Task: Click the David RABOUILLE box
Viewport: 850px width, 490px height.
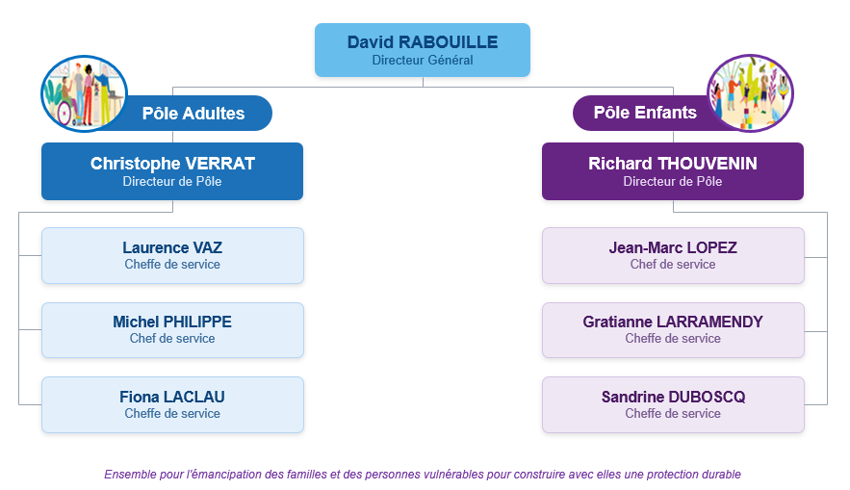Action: click(423, 50)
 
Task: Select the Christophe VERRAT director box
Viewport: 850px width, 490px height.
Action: click(172, 171)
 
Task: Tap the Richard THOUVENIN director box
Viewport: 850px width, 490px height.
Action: click(673, 171)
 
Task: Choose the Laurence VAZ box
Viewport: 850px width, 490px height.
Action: click(172, 255)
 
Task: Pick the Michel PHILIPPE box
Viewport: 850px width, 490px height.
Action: click(172, 330)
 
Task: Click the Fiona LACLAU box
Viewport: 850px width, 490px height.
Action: click(172, 405)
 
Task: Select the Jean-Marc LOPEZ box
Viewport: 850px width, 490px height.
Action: click(673, 255)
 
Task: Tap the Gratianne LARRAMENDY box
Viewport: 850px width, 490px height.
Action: click(673, 330)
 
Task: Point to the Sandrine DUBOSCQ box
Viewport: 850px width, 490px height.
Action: click(673, 405)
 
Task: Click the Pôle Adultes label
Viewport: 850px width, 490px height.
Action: click(193, 114)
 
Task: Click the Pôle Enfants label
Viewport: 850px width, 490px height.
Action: click(645, 113)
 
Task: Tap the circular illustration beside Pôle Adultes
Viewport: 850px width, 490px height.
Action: click(84, 93)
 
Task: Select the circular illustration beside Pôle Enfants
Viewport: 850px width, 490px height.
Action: click(750, 92)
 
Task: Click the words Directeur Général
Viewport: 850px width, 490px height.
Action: click(423, 60)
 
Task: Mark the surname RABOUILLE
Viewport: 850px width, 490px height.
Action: click(448, 42)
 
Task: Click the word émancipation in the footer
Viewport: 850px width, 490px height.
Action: click(224, 475)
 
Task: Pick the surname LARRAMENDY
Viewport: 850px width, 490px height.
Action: click(709, 322)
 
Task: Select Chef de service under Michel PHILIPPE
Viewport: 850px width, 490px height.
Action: click(172, 338)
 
